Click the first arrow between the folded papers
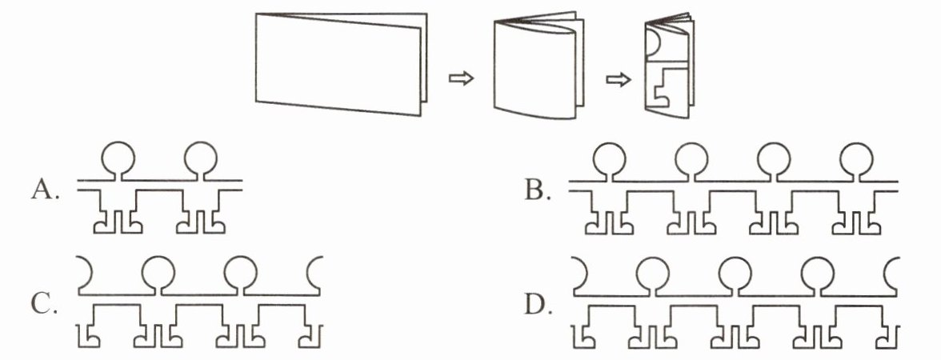coord(462,78)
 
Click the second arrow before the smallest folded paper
coord(619,80)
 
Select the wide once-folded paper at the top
coord(341,63)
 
